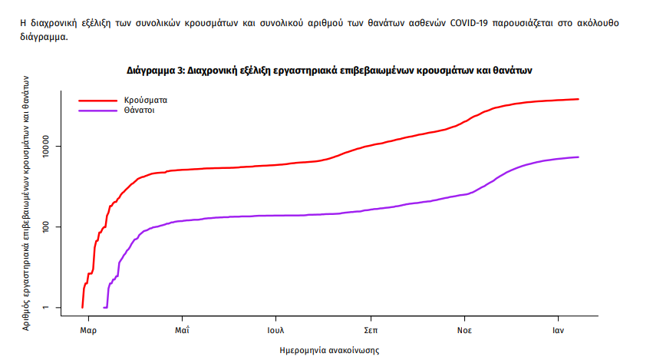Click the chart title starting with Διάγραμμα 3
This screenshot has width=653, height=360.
(329, 70)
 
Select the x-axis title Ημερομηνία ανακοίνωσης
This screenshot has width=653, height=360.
(329, 349)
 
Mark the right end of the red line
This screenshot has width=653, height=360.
(579, 99)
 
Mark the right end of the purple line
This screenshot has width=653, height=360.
(579, 157)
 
